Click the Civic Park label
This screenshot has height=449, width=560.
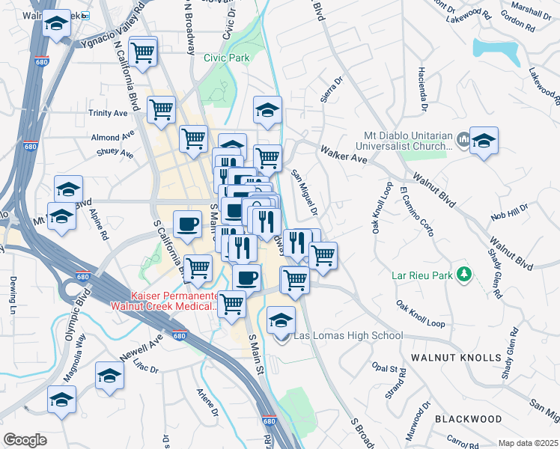tap(227, 57)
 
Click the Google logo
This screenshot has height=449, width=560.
tap(24, 439)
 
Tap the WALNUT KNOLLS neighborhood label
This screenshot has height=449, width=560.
tap(457, 358)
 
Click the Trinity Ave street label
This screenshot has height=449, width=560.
tap(109, 113)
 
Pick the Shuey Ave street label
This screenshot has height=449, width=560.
tap(115, 155)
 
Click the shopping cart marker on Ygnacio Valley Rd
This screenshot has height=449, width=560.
tap(141, 52)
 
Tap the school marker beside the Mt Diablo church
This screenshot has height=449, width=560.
tap(484, 140)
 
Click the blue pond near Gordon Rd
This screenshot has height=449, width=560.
tap(496, 50)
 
